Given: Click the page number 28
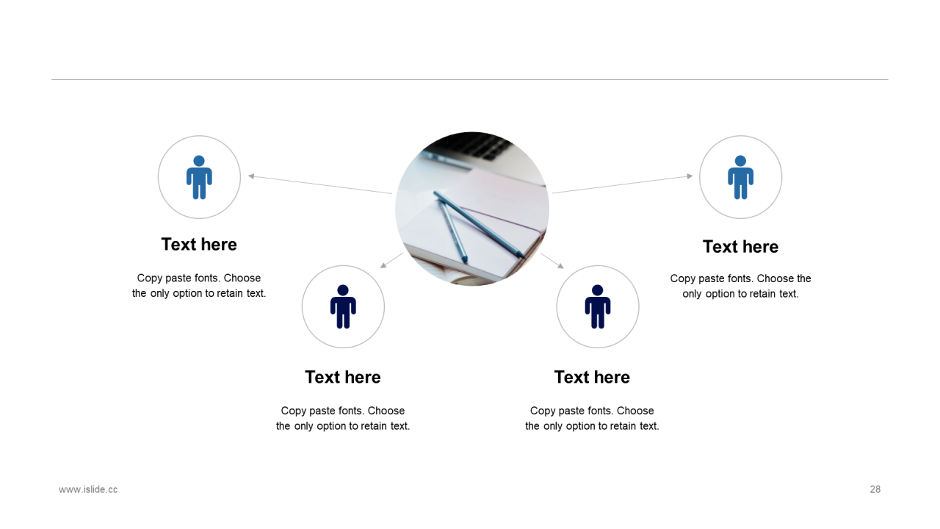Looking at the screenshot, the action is coord(875,489).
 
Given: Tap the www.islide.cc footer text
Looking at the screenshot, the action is coord(88,489).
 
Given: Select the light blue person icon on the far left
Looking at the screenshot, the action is coord(199,177).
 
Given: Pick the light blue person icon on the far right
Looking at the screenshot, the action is coord(741,177).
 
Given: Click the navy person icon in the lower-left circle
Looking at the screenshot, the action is coord(343,306).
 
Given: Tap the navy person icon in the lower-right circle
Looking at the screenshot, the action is coord(598,306).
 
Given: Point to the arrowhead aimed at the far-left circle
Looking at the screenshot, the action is coord(251,176).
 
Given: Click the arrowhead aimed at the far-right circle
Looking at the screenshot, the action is coord(690,176).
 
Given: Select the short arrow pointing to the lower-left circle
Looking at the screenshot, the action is coord(391,260).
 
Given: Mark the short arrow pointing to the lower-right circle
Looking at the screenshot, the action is coord(552,261).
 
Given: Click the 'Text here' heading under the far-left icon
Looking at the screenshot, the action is coord(199,245).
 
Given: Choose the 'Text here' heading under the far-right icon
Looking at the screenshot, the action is coord(741,246).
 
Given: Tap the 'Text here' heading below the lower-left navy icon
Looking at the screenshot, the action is coord(343,377).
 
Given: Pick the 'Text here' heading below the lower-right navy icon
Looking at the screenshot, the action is coord(592,377).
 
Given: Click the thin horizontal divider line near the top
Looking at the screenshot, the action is coord(470,79).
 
